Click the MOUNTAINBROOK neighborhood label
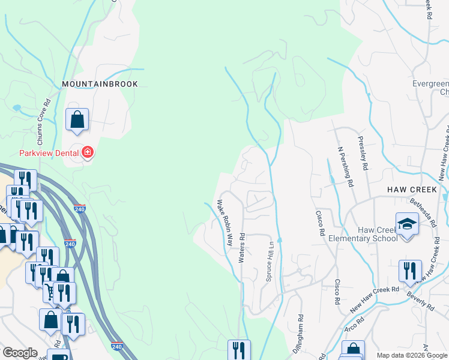[100, 85]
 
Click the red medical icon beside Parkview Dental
[88, 153]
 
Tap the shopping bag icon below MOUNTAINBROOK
[77, 119]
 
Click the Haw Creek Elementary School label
[363, 233]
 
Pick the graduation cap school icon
[407, 224]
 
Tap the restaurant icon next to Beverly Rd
[410, 271]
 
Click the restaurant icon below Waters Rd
[239, 350]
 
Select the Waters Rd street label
[242, 248]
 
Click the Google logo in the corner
[20, 353]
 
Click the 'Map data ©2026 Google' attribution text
[411, 355]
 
